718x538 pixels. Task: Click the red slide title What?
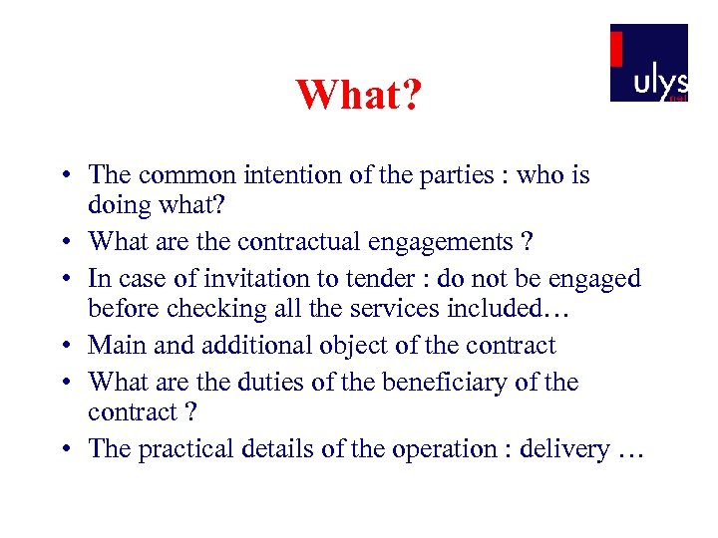(x=359, y=96)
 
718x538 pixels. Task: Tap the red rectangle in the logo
(x=616, y=49)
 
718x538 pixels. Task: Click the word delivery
(x=565, y=449)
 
